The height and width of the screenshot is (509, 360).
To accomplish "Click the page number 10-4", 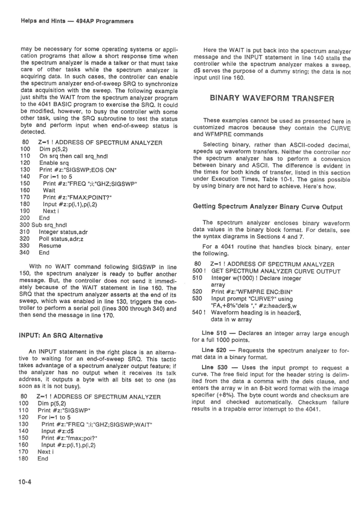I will (x=25, y=482).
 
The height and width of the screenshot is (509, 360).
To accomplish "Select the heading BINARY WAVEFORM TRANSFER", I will (x=272, y=99).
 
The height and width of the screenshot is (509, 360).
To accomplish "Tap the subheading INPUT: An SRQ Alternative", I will (x=61, y=335).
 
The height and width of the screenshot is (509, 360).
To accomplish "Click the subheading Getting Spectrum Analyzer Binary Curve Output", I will (x=268, y=207).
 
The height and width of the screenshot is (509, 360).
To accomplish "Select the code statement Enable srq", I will (x=54, y=163).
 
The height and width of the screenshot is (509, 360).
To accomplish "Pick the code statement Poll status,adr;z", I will (x=61, y=239).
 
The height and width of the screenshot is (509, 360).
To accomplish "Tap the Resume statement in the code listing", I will (x=50, y=246).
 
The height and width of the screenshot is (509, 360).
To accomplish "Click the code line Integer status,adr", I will (x=63, y=232).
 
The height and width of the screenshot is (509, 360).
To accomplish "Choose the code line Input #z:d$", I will (x=57, y=431).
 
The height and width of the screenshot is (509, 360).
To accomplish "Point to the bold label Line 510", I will (x=214, y=333).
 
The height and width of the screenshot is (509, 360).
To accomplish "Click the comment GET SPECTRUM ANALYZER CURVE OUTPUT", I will (x=276, y=271).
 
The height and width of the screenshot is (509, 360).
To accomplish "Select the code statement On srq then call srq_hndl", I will (x=74, y=156).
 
